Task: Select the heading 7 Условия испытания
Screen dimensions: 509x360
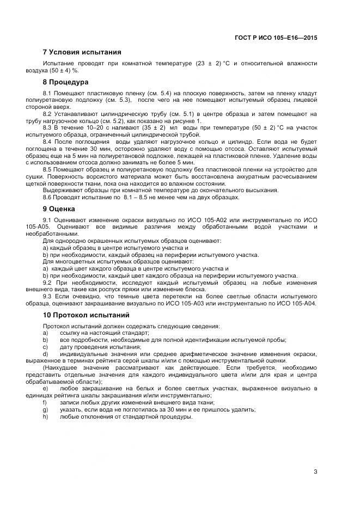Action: pyautogui.click(x=82, y=52)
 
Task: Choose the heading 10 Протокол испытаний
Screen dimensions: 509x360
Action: pyautogui.click(x=86, y=315)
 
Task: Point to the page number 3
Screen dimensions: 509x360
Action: pyautogui.click(x=315, y=471)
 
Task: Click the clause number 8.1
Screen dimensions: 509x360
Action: pyautogui.click(x=47, y=94)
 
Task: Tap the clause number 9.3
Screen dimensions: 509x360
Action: pyautogui.click(x=47, y=297)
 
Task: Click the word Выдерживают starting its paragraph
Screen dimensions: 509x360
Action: pyautogui.click(x=62, y=190)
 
